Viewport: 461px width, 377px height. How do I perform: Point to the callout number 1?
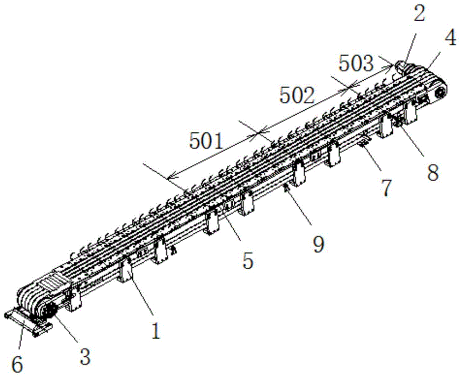pos(156,331)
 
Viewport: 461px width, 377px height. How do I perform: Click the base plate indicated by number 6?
pos(28,322)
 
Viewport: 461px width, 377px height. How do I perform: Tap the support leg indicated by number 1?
pos(125,272)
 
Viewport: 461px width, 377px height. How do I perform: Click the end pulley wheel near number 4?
pos(439,94)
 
